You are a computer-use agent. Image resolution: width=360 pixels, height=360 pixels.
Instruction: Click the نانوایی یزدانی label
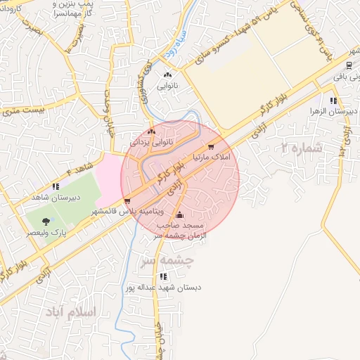(x=151, y=141)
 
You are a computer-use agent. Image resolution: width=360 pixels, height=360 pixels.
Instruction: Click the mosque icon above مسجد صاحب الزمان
(x=180, y=214)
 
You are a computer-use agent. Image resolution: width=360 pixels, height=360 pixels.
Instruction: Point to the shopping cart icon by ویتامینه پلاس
(x=127, y=201)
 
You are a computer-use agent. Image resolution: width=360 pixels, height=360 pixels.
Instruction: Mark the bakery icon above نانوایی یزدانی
(x=152, y=131)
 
